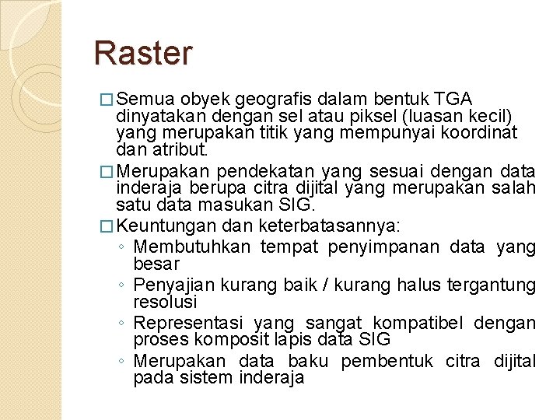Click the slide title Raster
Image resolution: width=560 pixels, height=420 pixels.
(x=142, y=54)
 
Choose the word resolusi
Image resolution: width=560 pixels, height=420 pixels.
(x=166, y=301)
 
